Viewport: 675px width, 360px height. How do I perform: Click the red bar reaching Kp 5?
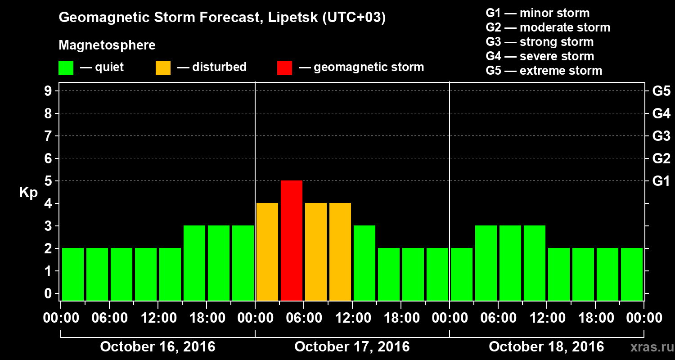tap(292, 240)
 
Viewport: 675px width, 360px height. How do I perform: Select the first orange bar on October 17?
tap(267, 252)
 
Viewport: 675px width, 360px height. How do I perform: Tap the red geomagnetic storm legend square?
tap(284, 68)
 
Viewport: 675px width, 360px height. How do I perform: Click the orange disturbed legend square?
tap(163, 68)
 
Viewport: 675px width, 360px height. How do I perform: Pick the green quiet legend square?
tap(66, 68)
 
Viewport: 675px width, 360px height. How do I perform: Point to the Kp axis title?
tap(28, 193)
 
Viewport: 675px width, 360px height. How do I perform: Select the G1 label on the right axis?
tap(661, 181)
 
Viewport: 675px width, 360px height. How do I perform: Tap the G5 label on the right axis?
tap(661, 91)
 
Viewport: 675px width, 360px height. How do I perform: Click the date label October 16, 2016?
tap(157, 347)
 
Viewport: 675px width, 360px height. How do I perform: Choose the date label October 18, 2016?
tap(546, 347)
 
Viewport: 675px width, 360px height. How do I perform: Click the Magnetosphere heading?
tap(107, 45)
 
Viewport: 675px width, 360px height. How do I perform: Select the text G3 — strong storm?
tap(540, 42)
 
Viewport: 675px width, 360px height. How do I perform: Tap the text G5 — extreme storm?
tap(544, 71)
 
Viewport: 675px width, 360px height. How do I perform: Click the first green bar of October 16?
tap(73, 274)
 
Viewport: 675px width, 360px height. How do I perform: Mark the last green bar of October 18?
tap(632, 274)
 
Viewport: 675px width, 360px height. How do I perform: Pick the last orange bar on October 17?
tap(340, 252)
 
